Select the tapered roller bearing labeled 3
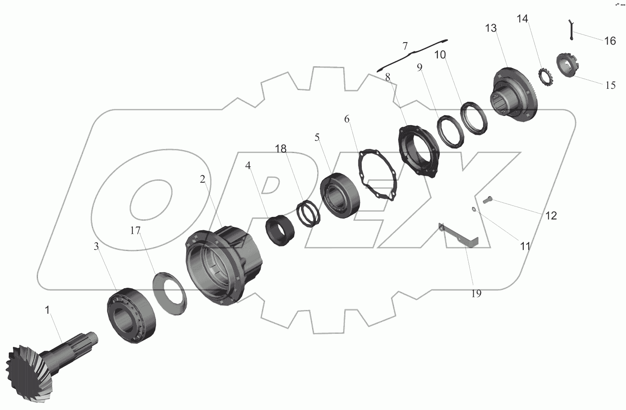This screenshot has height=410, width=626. pyautogui.click(x=131, y=315)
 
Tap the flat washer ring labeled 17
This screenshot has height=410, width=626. pyautogui.click(x=170, y=293)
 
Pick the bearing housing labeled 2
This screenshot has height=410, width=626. pyautogui.click(x=224, y=265)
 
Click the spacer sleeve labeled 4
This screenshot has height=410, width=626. pyautogui.click(x=280, y=230)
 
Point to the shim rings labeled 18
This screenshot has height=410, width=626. pyautogui.click(x=308, y=214)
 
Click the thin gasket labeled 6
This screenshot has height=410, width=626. pyautogui.click(x=377, y=175)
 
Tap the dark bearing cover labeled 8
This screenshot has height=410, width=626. pyautogui.click(x=418, y=151)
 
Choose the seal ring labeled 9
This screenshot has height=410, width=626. pyautogui.click(x=450, y=131)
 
